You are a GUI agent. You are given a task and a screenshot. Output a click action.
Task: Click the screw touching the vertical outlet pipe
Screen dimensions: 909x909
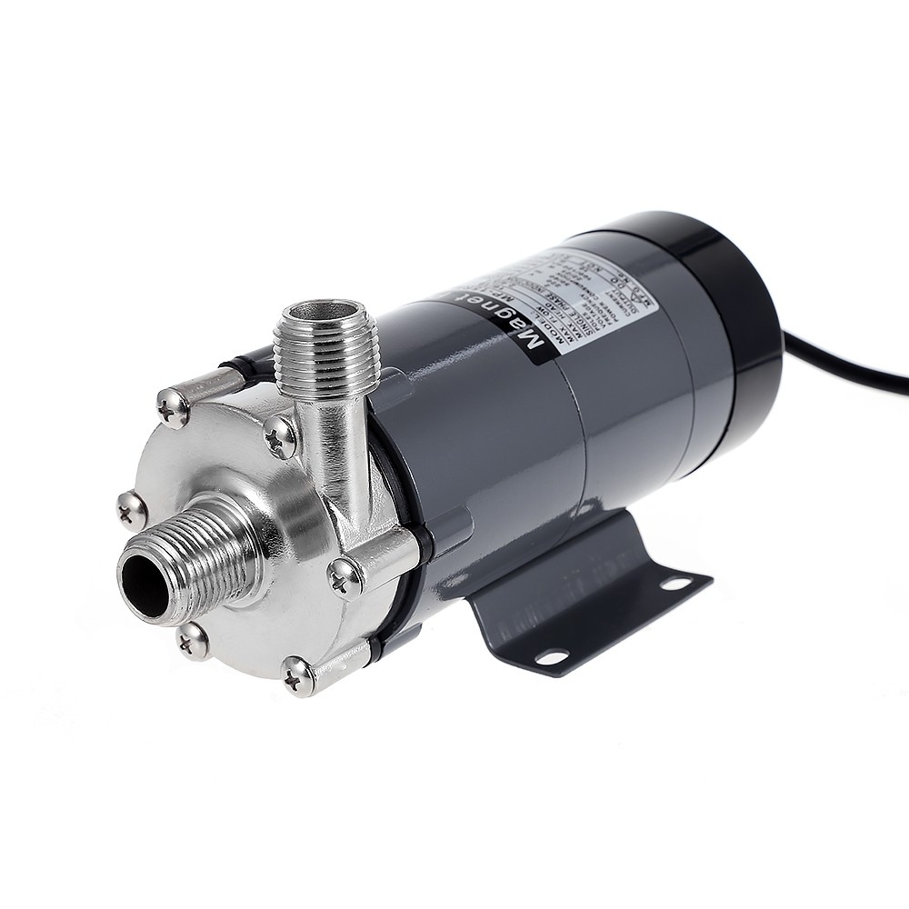281,438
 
